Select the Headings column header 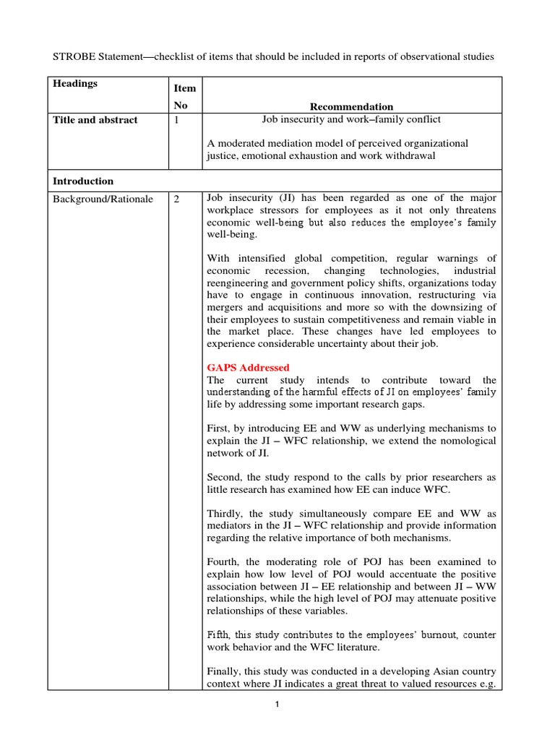75,84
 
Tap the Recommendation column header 351,106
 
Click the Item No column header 185,97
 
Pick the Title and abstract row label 95,120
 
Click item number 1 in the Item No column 177,120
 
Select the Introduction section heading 83,181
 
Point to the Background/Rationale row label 103,199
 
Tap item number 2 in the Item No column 177,199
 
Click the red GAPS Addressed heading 248,367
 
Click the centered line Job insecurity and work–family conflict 351,120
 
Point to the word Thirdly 225,512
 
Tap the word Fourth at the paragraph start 224,561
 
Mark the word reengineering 241,282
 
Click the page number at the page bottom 277,705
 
